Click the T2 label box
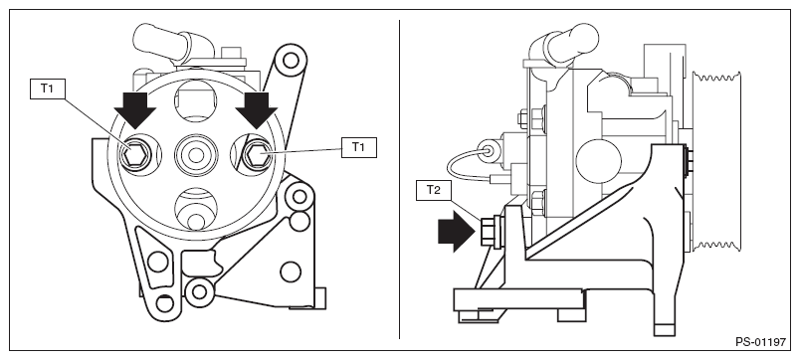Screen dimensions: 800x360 433,190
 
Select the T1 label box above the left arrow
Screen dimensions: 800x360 48,89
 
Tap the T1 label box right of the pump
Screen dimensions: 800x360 358,147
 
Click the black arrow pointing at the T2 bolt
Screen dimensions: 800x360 457,232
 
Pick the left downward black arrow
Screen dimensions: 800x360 134,110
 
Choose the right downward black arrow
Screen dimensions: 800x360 257,110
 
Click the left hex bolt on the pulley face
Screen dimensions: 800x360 135,154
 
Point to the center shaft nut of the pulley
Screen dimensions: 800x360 196,154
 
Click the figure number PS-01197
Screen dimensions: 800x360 761,342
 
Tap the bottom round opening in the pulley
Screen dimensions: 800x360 196,209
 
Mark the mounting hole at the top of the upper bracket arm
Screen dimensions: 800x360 291,61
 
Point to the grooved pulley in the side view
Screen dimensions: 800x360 715,162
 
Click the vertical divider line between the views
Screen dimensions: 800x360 399,179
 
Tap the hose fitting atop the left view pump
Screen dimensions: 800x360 171,44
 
